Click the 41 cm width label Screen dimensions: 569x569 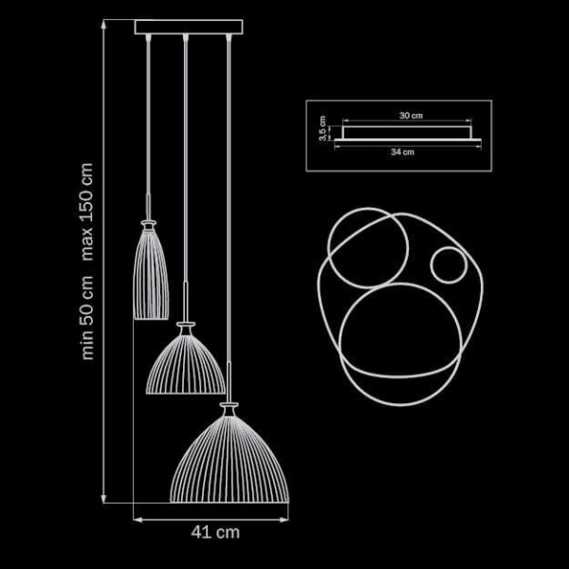(x=215, y=532)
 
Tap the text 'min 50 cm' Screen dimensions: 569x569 (x=88, y=319)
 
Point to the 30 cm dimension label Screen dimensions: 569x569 (x=410, y=115)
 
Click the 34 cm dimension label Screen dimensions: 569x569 (x=402, y=151)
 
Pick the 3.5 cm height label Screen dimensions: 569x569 (x=323, y=129)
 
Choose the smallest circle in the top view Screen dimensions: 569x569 (x=447, y=266)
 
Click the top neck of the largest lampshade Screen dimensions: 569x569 (x=228, y=409)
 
